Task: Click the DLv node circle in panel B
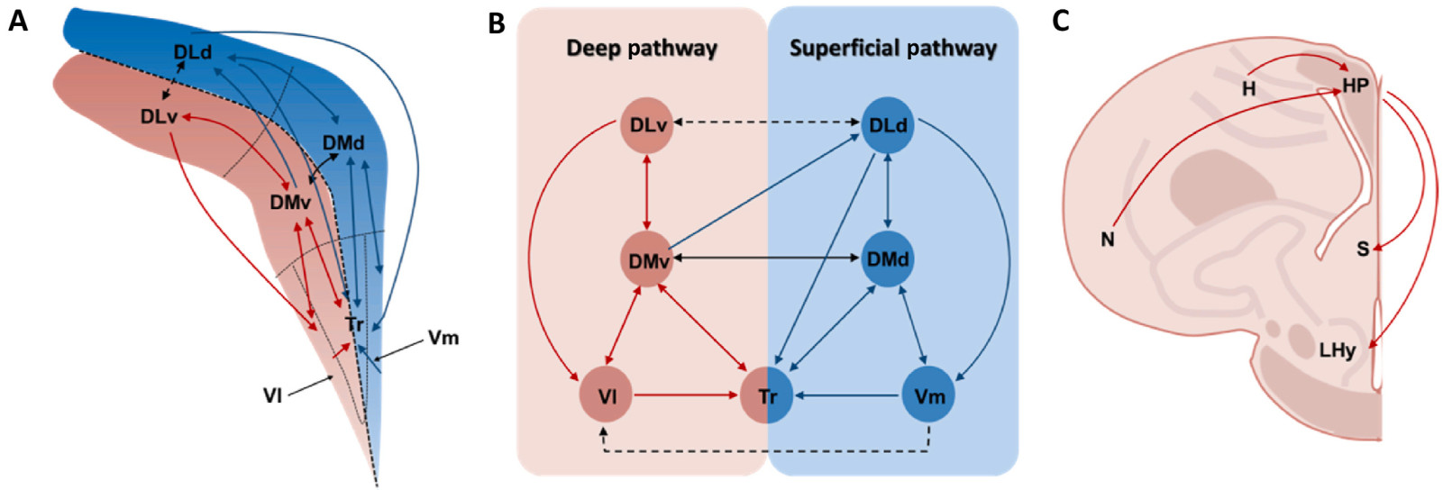point(647,125)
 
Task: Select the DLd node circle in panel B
point(888,125)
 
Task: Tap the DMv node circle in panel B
point(647,259)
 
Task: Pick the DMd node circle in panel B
point(888,259)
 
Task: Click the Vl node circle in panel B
point(607,395)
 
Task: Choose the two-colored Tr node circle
point(767,395)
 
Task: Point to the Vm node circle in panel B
point(928,395)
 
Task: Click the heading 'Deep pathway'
point(642,49)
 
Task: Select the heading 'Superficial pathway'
point(893,49)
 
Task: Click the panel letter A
point(17,22)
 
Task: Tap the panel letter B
point(496,23)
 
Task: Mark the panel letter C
point(1060,22)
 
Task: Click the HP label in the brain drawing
point(1356,86)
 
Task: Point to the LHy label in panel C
point(1338,350)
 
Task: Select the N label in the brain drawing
point(1108,240)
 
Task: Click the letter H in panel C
point(1248,88)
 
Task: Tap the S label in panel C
point(1363,250)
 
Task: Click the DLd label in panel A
point(193,51)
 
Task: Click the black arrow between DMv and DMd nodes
point(767,259)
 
